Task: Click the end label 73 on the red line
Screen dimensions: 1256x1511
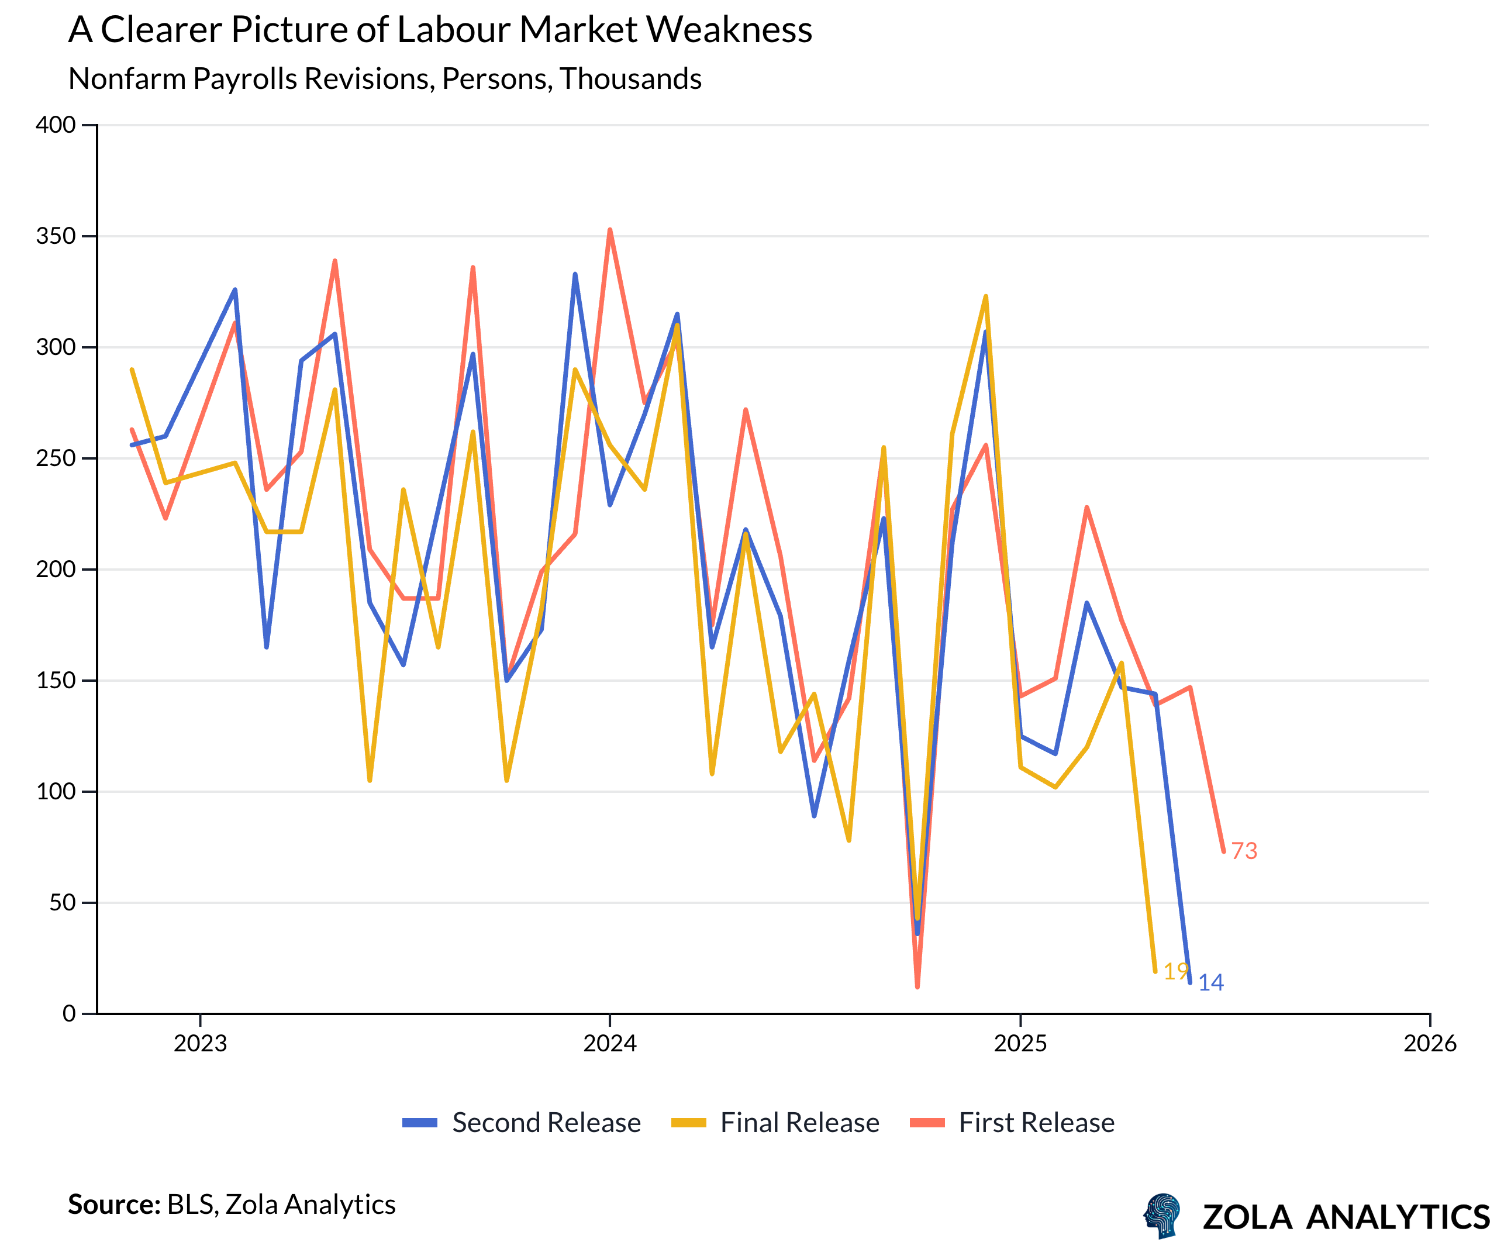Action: [x=1244, y=851]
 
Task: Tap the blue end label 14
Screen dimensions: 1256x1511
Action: [x=1211, y=983]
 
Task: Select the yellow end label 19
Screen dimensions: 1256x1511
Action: [x=1175, y=971]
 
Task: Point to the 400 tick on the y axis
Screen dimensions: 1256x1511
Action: [x=56, y=125]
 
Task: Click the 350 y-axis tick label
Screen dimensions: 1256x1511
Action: [x=56, y=236]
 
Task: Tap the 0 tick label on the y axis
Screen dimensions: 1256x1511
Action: [x=69, y=1013]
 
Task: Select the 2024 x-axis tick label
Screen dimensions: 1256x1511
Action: [x=610, y=1043]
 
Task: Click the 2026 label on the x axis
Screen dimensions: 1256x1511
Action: [x=1430, y=1043]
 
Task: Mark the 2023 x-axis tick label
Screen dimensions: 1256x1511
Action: [x=200, y=1043]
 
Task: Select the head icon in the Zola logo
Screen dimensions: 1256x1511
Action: [x=1162, y=1216]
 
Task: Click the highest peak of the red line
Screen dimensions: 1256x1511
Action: [x=610, y=230]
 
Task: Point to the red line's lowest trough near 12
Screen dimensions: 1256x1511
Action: [x=917, y=986]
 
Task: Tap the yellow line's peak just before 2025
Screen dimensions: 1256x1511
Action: [x=986, y=296]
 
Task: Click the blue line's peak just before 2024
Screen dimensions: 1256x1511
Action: [x=575, y=274]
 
